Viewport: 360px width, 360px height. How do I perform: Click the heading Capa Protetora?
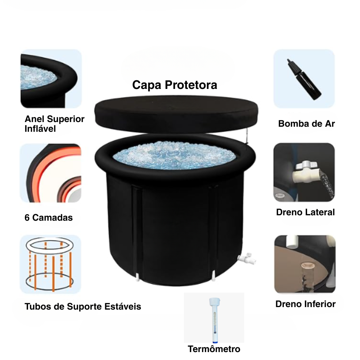pos(175,85)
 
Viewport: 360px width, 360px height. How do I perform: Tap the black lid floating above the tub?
pos(176,114)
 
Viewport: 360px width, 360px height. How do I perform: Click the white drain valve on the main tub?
pos(246,258)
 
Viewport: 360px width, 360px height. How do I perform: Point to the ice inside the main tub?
pos(175,155)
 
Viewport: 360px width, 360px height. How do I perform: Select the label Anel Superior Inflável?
pos(54,124)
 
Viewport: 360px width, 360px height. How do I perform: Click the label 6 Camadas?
pos(49,217)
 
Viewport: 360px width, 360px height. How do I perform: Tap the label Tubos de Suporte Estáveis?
pos(83,306)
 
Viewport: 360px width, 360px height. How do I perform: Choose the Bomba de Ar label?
pos(306,123)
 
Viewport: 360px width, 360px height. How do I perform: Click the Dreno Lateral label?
pos(305,212)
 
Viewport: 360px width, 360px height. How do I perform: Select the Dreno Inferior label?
pos(305,304)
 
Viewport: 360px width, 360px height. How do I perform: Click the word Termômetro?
pos(214,349)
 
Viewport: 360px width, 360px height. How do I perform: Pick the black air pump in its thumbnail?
pos(304,79)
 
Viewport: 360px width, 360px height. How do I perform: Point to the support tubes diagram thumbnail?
pos(50,264)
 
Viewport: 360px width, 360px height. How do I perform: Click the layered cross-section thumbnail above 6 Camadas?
pos(50,173)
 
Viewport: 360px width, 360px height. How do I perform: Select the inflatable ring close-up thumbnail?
pos(51,78)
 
